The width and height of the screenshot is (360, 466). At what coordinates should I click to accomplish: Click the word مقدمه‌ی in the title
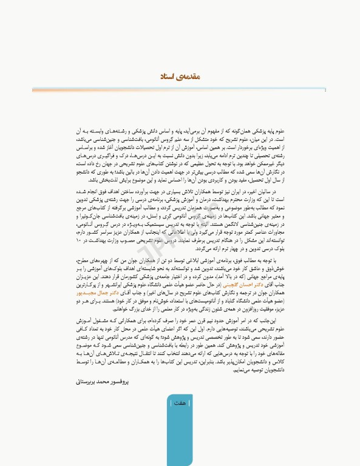click(189, 77)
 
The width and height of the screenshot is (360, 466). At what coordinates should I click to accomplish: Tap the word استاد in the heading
click(168, 77)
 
